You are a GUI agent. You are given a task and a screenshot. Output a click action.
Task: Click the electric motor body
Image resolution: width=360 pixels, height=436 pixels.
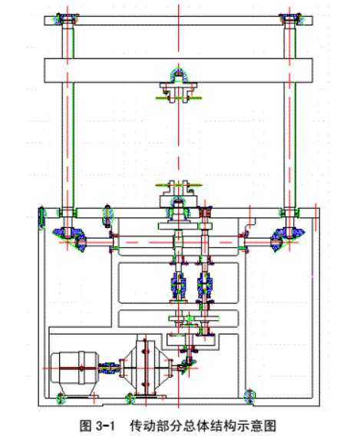point(74,368)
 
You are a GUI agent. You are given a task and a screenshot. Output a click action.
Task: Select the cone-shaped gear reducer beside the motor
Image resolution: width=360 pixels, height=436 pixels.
point(145,368)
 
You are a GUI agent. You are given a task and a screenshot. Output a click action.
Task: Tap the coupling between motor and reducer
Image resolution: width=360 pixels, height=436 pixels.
point(109,368)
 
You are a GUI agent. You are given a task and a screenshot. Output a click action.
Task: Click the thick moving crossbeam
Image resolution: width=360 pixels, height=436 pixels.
point(178,71)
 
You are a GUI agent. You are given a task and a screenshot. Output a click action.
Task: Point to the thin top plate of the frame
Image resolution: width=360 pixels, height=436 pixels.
point(178,21)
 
